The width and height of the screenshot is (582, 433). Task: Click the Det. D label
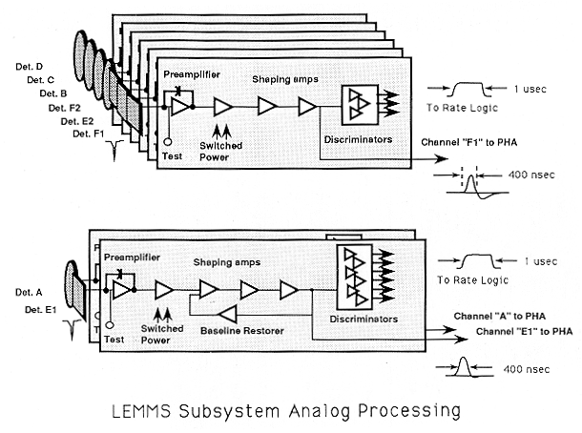pyautogui.click(x=26, y=66)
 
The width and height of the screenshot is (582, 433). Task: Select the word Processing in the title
pyautogui.click(x=407, y=412)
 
